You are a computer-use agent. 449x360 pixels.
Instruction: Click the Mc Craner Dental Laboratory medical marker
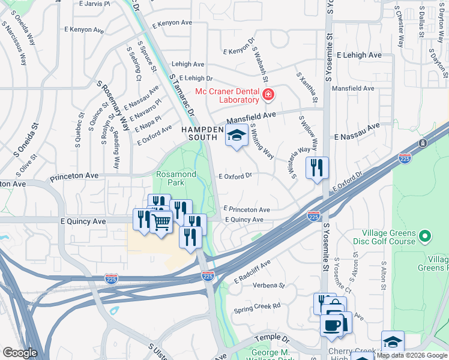point(268,95)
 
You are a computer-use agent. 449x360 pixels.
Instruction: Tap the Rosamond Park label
point(176,177)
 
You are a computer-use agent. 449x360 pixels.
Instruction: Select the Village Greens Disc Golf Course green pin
point(426,236)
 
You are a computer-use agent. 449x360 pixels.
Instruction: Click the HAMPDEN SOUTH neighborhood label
point(203,133)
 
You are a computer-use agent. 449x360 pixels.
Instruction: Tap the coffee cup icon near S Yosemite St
point(331,325)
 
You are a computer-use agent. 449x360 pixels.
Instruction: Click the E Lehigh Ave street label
point(359,55)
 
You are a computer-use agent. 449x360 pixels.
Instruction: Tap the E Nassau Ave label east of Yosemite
point(358,132)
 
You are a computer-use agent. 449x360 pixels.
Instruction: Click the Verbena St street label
point(268,286)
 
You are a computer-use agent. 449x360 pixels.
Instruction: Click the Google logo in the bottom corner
point(20,353)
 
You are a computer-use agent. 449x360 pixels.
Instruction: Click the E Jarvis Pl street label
point(95,4)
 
